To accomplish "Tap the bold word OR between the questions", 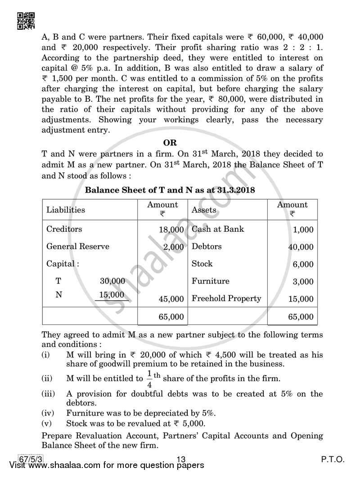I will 170,143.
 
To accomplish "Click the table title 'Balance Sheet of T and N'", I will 170,190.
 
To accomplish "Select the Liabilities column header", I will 66,210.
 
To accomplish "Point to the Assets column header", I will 204,210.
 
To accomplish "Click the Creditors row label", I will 64,229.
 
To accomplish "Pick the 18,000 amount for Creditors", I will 171,229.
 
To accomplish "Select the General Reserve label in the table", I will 78,247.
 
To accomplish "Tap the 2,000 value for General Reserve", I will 173,247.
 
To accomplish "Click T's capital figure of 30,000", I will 112,281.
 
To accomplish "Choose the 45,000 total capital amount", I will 171,299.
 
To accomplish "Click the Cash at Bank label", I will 218,229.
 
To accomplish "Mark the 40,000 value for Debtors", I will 301,247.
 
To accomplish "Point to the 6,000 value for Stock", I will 303,264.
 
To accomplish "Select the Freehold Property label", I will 226,298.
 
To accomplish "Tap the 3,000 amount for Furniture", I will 303,282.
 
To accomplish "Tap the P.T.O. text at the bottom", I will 333,459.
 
